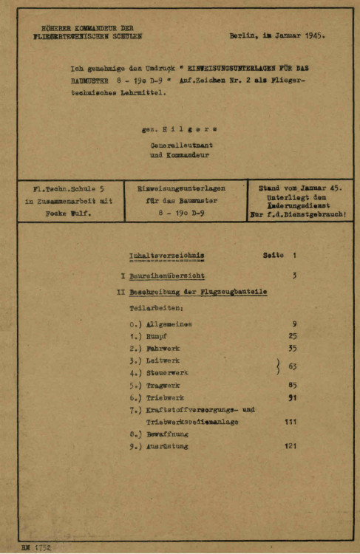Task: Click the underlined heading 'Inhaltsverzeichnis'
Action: tap(166, 256)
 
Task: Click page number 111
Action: tap(289, 420)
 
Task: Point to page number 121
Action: tap(289, 447)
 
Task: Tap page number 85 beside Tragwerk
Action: tap(291, 385)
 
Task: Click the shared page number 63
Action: tap(291, 366)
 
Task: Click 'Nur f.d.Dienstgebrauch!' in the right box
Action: tap(299, 215)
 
